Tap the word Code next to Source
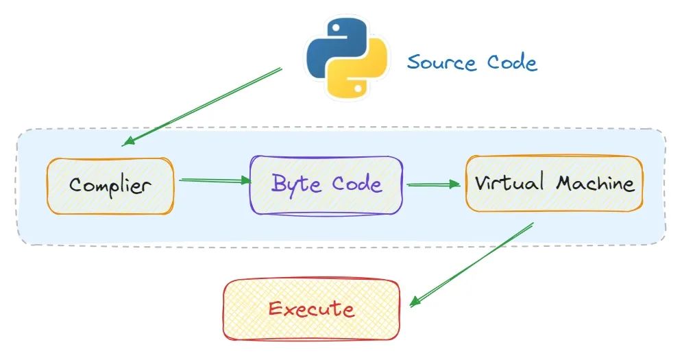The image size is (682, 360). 512,62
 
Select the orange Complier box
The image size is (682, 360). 110,185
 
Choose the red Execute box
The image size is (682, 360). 311,309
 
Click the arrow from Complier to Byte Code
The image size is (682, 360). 215,181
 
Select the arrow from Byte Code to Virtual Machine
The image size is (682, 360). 433,184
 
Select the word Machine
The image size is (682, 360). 595,183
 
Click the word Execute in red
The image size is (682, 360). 311,309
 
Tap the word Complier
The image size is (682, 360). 110,185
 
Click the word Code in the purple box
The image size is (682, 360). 356,184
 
